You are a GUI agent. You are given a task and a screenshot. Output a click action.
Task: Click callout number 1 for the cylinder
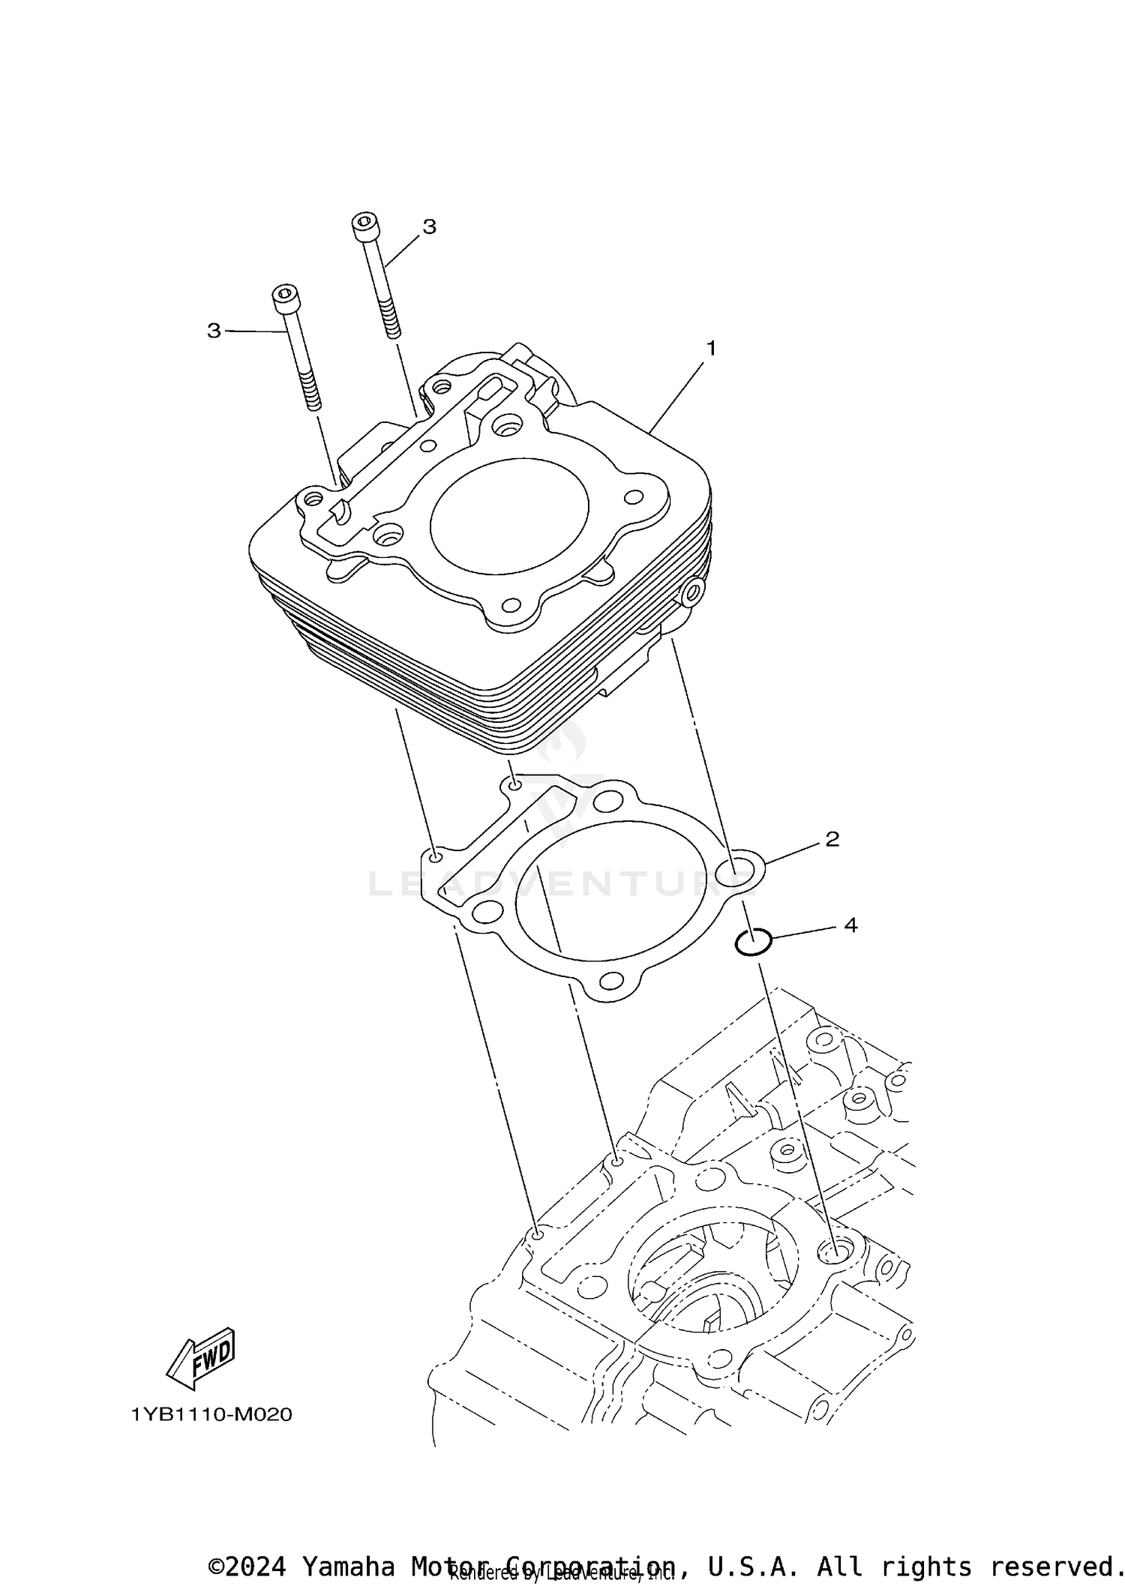point(710,349)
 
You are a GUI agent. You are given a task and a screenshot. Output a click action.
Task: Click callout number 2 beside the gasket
point(832,839)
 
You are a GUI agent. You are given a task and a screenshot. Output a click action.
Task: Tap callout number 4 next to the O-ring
point(850,925)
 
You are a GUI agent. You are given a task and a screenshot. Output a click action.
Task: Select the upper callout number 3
point(429,226)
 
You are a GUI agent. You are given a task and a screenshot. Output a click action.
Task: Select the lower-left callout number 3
point(214,331)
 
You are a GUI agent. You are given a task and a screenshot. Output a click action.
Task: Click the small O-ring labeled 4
point(753,943)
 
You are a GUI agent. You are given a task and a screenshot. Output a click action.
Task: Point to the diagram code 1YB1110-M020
point(211,1415)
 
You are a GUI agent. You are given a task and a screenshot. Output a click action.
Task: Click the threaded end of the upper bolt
point(391,319)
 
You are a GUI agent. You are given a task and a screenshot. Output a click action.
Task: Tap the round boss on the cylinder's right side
point(691,592)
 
